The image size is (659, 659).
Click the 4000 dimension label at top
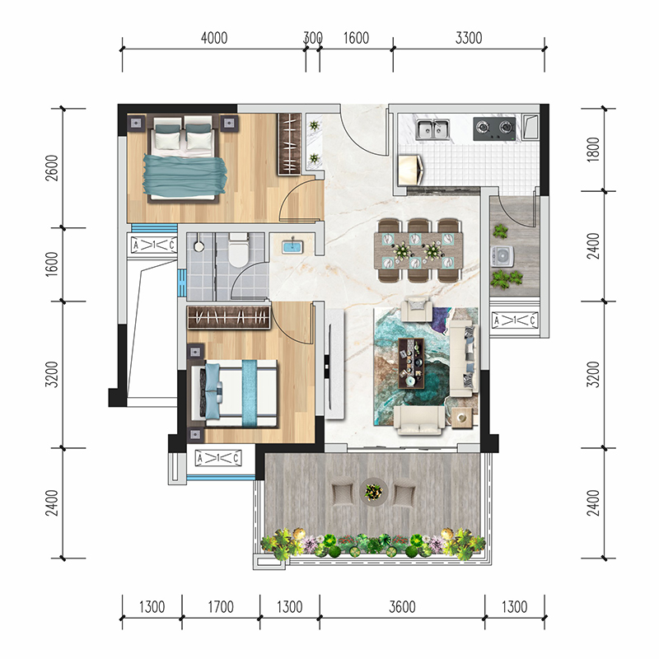(214, 38)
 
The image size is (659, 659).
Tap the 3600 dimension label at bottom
(402, 606)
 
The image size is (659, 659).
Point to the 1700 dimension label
(221, 606)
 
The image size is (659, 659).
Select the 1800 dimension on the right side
(593, 149)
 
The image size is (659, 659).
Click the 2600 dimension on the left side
(51, 168)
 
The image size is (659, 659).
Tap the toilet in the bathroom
(238, 250)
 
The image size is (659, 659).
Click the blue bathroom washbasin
(292, 245)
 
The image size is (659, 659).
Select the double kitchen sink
(432, 129)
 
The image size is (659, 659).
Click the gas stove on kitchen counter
(495, 129)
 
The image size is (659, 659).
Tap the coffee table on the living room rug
(411, 362)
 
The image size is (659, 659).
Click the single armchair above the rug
(416, 309)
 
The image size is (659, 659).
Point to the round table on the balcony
(373, 491)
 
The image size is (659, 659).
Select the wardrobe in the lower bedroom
(229, 317)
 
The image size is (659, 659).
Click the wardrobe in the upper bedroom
(289, 143)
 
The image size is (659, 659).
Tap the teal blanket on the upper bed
(185, 176)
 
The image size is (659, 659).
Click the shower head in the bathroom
(199, 245)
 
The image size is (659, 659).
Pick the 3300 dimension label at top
(469, 38)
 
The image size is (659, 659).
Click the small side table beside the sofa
(462, 418)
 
